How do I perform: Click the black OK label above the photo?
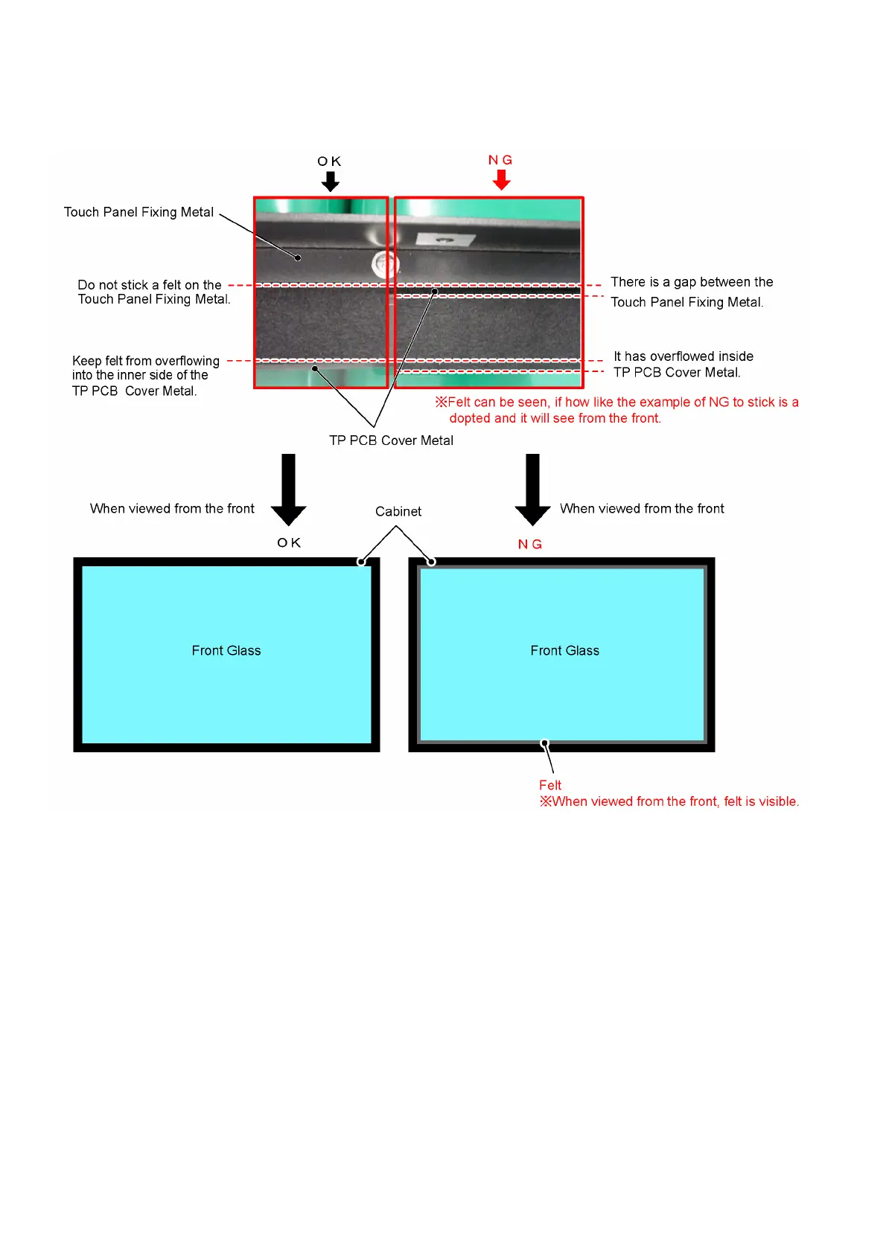[x=329, y=161]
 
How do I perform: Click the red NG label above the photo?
[x=500, y=160]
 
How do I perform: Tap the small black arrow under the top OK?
[x=331, y=181]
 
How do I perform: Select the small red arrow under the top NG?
[x=502, y=179]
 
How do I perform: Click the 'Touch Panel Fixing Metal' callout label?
[x=138, y=212]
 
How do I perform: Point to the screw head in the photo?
[x=384, y=262]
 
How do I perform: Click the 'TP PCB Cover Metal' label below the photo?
[x=391, y=440]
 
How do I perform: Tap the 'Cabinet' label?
[x=398, y=511]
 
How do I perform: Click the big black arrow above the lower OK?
[x=289, y=489]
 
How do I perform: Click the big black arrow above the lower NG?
[x=532, y=489]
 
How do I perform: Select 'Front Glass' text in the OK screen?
[x=226, y=650]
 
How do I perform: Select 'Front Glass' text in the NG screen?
[x=564, y=650]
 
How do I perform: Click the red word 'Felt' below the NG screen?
[x=550, y=785]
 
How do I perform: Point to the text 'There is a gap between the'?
[x=692, y=282]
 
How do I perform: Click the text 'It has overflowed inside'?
[x=683, y=356]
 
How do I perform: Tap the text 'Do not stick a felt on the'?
[x=150, y=285]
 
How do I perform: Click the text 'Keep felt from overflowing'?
[x=146, y=361]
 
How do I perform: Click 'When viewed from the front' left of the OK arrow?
[x=172, y=508]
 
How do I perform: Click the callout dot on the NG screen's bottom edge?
[x=545, y=743]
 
